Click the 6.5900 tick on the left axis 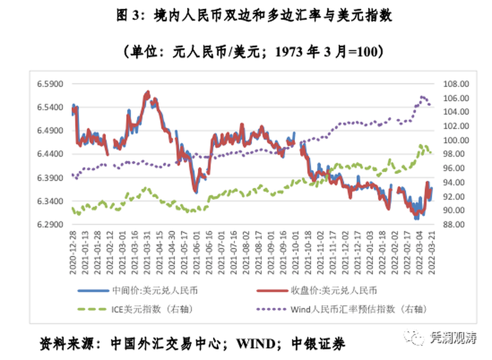[x=51, y=83]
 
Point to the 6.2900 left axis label [x=51, y=225]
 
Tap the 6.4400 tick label [x=51, y=154]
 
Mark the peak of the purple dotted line [x=422, y=96]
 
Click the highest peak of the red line [x=148, y=93]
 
